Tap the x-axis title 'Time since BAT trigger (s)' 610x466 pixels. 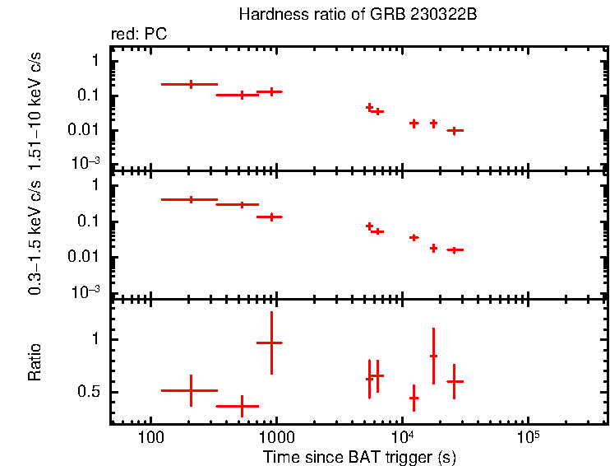click(x=359, y=455)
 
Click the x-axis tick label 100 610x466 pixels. click(x=150, y=436)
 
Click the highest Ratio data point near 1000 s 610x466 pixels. click(x=270, y=343)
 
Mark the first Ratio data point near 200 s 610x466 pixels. click(x=191, y=390)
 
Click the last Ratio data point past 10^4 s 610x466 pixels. click(x=454, y=381)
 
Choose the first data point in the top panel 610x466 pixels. click(x=191, y=84)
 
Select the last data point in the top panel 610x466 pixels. click(x=454, y=130)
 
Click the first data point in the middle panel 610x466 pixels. click(x=191, y=199)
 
